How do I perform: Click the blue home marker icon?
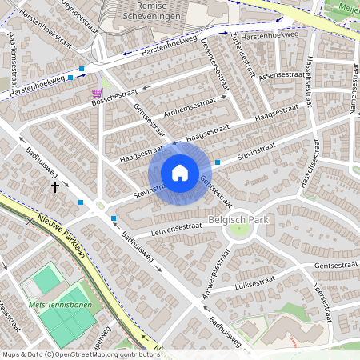pos(180,172)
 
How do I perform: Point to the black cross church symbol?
pos(55,186)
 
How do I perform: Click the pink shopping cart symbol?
pos(96,93)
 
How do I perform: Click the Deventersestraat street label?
pos(214,64)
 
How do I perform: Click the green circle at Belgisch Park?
pos(239,232)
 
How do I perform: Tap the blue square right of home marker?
pos(218,162)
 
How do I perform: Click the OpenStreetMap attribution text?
pos(81,354)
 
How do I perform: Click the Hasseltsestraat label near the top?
pos(310,81)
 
